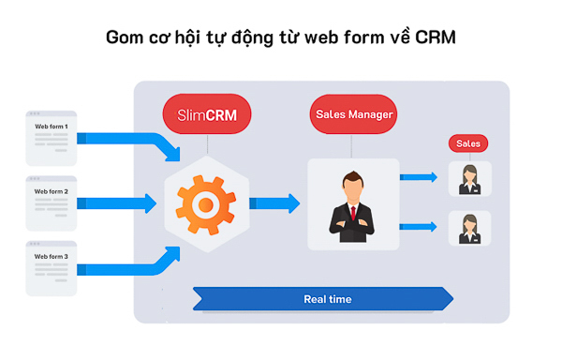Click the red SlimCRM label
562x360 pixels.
[206, 115]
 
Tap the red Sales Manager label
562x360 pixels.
[351, 115]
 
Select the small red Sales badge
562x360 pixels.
[468, 143]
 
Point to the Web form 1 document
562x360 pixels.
[52, 136]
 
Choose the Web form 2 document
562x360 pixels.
[52, 201]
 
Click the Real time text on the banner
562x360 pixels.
[327, 299]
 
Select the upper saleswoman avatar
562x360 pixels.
[468, 178]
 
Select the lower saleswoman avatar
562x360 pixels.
[468, 228]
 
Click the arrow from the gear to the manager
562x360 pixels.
[274, 202]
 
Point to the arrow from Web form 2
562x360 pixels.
[117, 202]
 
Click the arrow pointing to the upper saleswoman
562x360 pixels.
[419, 176]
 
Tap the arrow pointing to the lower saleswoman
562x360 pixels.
[419, 226]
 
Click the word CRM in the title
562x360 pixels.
[436, 38]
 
